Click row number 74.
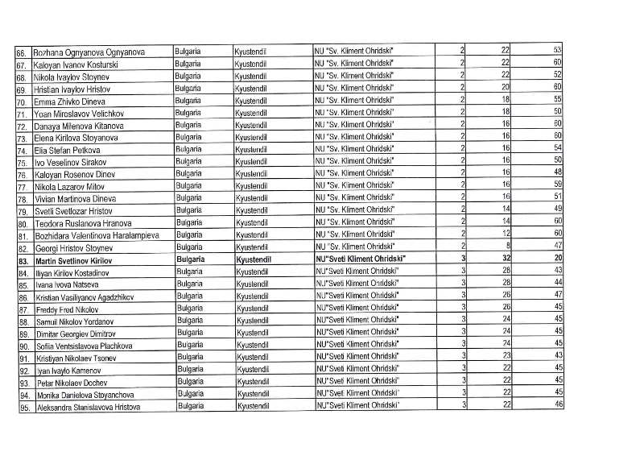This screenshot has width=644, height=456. point(22,151)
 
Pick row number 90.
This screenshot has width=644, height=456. point(22,346)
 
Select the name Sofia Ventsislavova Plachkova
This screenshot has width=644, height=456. point(84,346)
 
